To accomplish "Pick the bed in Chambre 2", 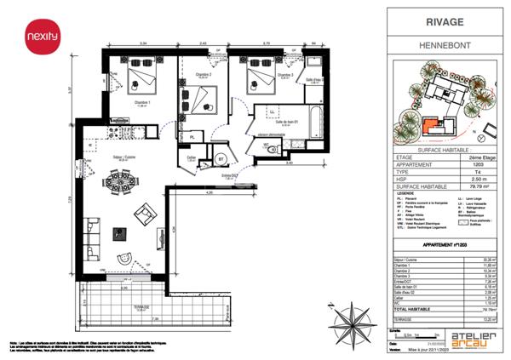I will [203, 100].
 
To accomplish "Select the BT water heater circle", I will [220, 159].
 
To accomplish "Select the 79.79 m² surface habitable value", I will [463, 180].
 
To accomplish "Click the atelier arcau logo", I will [469, 337].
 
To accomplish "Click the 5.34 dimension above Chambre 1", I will [144, 43].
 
